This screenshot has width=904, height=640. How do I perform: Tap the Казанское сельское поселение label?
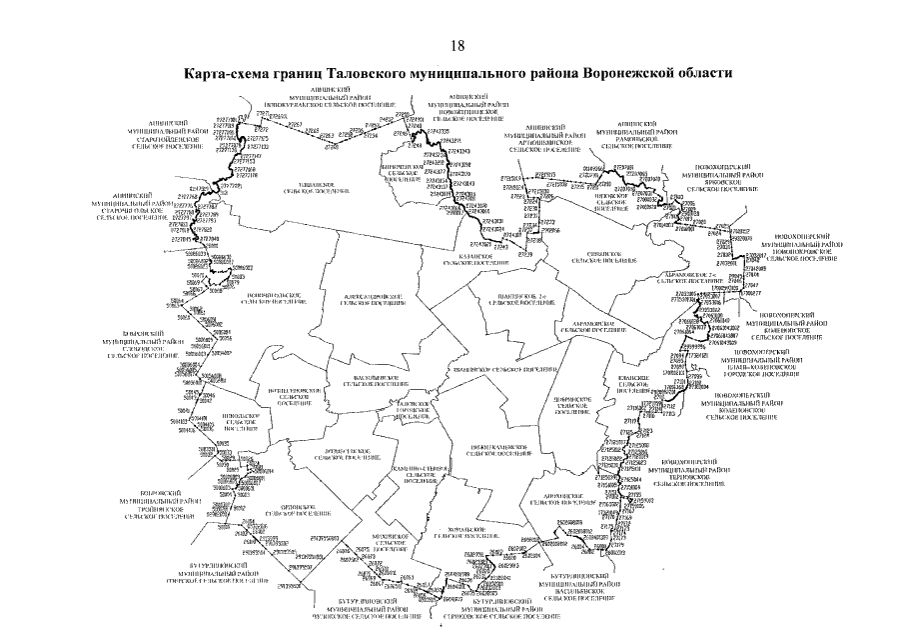pos(468,260)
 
